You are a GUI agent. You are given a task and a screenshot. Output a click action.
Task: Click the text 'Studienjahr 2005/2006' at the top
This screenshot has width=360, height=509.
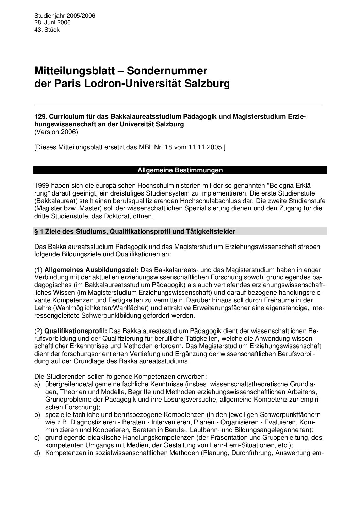pos(65,16)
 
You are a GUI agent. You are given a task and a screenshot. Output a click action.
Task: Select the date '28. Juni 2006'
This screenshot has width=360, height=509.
pos(52,23)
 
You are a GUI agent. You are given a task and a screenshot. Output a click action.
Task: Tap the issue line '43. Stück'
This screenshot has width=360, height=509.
pos(47,30)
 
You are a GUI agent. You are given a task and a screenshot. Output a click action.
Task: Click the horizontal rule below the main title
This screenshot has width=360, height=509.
pos(178,103)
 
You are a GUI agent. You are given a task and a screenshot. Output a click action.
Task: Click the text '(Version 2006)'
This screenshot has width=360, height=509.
pos(56,132)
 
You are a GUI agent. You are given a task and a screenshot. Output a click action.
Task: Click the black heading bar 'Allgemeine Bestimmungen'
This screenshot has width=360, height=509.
pos(180,170)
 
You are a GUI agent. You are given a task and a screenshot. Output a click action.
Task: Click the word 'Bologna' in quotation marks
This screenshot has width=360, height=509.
pos(281,186)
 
